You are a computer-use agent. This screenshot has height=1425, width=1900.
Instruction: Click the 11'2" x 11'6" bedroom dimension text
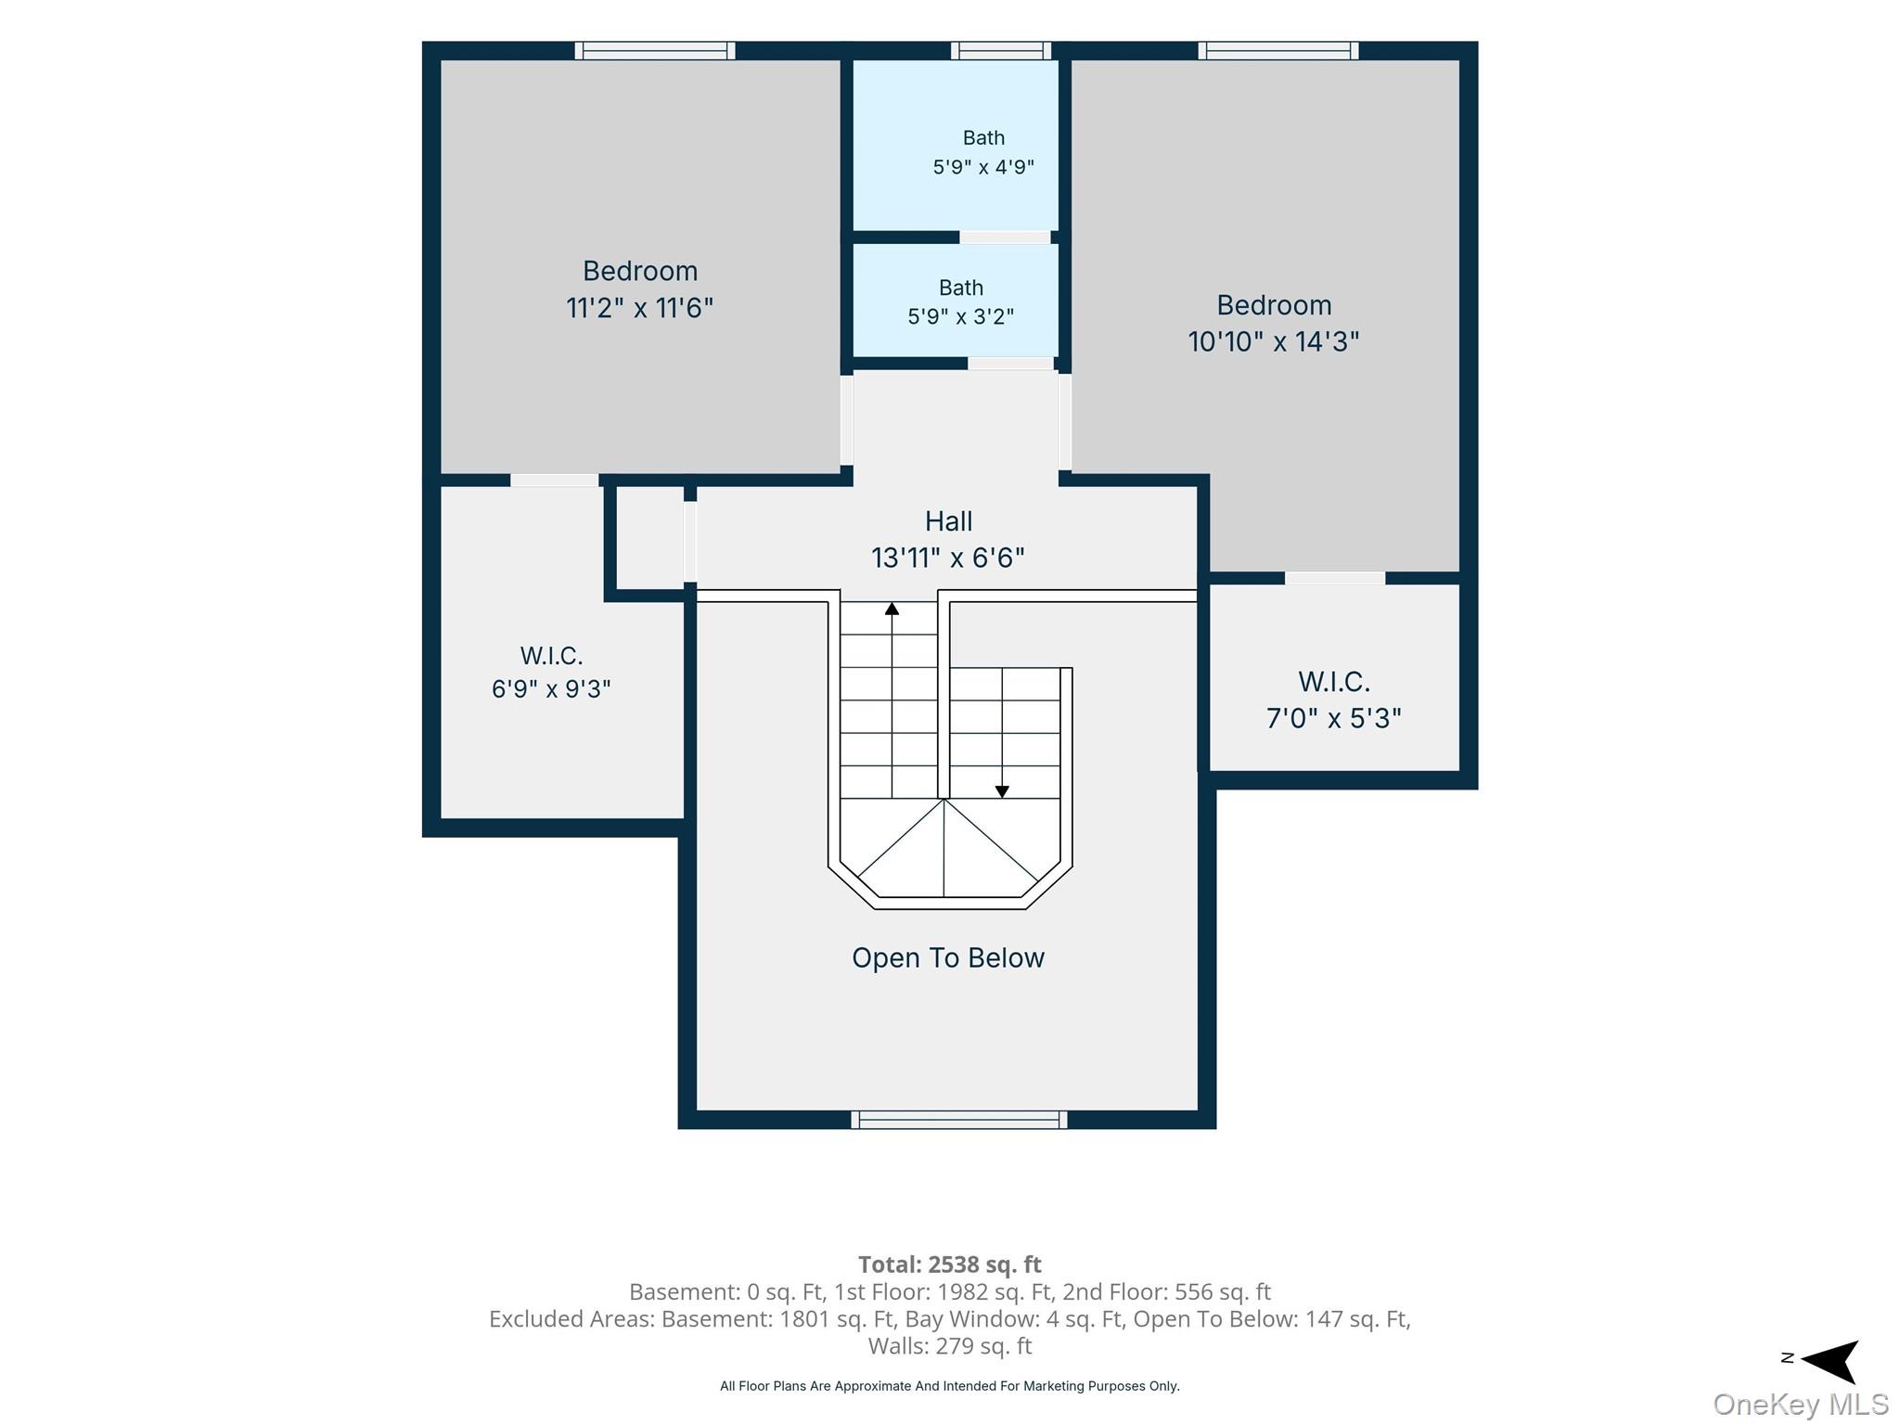[639, 307]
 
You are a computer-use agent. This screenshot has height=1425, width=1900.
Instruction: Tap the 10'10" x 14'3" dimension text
[1274, 341]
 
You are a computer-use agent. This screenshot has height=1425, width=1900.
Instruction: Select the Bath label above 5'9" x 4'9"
[983, 138]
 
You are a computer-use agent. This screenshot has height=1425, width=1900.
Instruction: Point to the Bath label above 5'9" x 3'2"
[960, 288]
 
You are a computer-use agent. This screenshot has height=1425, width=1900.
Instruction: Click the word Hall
[948, 521]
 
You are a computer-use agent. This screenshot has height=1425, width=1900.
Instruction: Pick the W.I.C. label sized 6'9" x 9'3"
[551, 656]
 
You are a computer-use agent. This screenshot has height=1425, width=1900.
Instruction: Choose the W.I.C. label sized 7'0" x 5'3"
[1334, 682]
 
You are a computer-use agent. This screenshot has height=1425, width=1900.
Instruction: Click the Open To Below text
[948, 958]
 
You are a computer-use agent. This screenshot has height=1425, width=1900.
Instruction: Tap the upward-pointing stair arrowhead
[892, 609]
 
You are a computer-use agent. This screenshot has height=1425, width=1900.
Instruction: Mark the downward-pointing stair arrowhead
[1002, 791]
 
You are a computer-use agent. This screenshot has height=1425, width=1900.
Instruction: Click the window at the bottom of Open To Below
[959, 1120]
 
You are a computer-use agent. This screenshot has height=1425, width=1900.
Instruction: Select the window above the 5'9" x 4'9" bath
[1001, 51]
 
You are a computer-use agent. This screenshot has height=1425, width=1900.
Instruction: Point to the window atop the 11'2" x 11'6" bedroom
[655, 51]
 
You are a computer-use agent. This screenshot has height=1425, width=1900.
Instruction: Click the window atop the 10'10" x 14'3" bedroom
[1278, 51]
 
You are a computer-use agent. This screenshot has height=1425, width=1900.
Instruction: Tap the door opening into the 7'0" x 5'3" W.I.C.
[1335, 578]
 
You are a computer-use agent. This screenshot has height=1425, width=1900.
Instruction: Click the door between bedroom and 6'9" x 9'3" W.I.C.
[555, 481]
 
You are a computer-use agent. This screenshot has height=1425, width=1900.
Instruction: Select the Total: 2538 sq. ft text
[950, 1265]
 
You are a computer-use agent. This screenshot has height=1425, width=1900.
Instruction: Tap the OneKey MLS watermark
[1801, 1405]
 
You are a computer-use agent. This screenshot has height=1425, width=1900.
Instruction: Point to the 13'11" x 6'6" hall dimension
[948, 558]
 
